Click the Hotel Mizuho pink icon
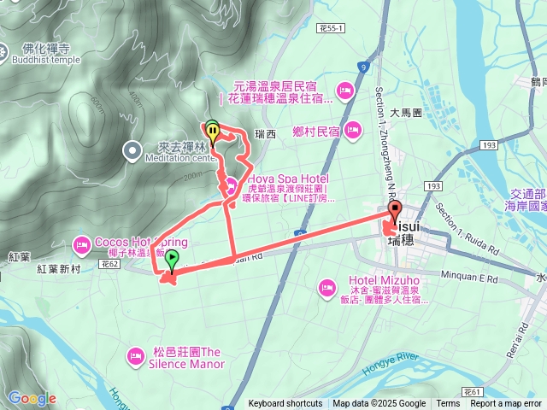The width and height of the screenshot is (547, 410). pyautogui.click(x=326, y=288)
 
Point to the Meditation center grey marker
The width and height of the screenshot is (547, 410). pyautogui.click(x=132, y=151)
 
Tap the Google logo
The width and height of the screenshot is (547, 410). pyautogui.click(x=32, y=398)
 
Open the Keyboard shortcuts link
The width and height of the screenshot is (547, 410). pyautogui.click(x=285, y=404)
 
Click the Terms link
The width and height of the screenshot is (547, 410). pyautogui.click(x=448, y=404)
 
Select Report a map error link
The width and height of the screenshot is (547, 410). pyautogui.click(x=506, y=404)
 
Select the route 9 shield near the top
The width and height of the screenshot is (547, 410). pyautogui.click(x=363, y=66)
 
